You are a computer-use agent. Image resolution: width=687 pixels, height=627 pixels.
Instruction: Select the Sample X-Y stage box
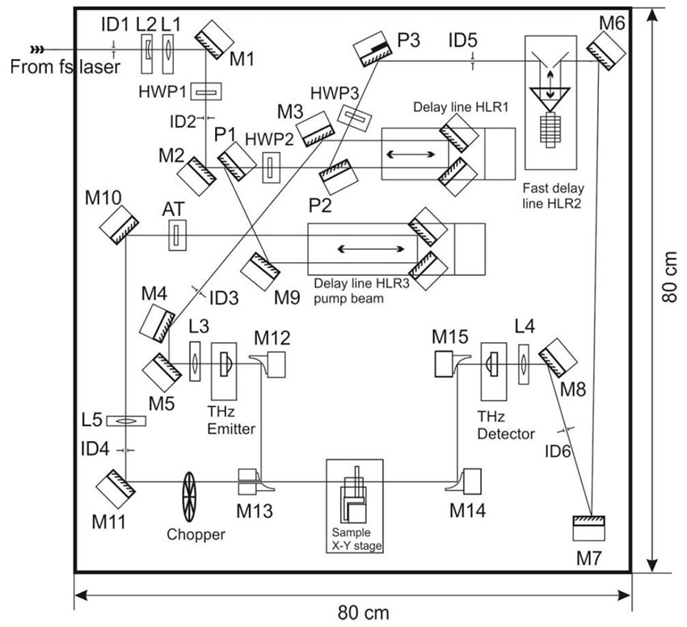coord(354,506)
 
